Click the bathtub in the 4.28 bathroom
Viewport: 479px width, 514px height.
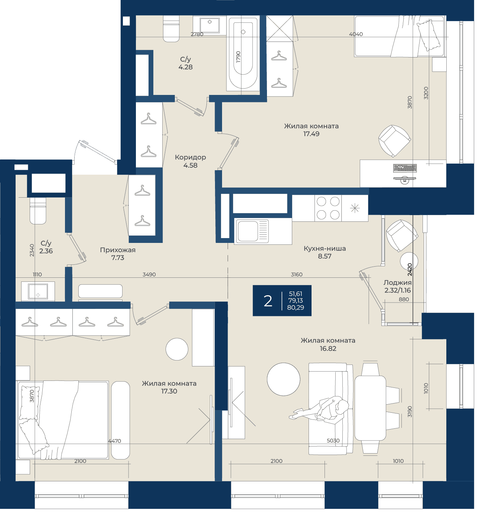click(x=243, y=53)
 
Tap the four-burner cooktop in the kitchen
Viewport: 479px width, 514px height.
click(x=328, y=208)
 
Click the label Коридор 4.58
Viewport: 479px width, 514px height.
click(x=190, y=161)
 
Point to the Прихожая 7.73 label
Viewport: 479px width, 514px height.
click(x=118, y=254)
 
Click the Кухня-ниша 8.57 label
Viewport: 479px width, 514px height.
click(x=325, y=252)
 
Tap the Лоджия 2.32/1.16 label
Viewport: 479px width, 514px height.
click(x=398, y=287)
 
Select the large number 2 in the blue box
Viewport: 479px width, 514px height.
click(x=268, y=301)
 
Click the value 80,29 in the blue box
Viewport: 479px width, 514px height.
click(x=296, y=307)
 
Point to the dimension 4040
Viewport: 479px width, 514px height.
click(x=356, y=34)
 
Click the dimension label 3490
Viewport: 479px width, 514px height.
click(x=149, y=274)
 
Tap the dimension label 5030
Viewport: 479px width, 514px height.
click(x=333, y=441)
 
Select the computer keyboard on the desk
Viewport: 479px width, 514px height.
click(x=405, y=168)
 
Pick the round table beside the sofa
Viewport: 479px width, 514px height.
click(x=284, y=379)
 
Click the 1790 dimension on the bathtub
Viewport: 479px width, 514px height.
click(x=239, y=57)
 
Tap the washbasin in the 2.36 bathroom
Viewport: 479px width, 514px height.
click(x=38, y=292)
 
